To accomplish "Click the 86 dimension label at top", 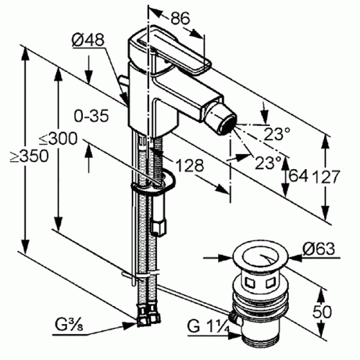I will click(x=180, y=18).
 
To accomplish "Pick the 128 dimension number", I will click(x=190, y=166).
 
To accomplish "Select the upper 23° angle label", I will click(x=278, y=134).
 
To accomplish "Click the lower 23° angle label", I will click(x=268, y=163).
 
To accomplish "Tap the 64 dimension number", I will click(x=297, y=176).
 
